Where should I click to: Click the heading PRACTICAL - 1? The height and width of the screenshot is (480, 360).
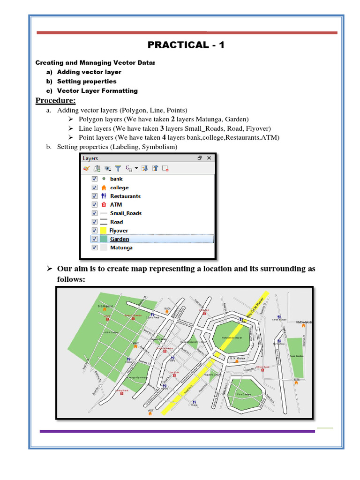pos(186,45)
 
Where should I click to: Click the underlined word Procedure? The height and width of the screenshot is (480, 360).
pos(55,100)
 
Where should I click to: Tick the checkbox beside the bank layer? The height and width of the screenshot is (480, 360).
pos(94,179)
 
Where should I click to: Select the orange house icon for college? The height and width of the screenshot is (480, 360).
pos(104,187)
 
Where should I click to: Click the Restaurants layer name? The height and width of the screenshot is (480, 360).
pos(125,196)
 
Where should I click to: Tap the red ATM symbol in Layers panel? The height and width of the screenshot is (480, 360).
pos(104,205)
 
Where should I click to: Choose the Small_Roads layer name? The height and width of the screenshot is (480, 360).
pos(126,213)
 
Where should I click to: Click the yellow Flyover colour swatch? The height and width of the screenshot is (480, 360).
pos(104,231)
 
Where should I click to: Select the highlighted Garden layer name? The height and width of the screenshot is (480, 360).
pos(120,239)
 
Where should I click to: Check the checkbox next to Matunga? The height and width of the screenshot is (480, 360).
pos(94,247)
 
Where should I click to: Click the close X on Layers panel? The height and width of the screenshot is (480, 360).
pos(209,158)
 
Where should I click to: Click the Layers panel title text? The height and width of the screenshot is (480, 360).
pos(90,158)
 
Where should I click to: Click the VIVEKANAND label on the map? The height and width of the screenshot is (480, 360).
pos(303,322)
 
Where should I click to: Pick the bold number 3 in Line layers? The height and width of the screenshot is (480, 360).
pos(162,128)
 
